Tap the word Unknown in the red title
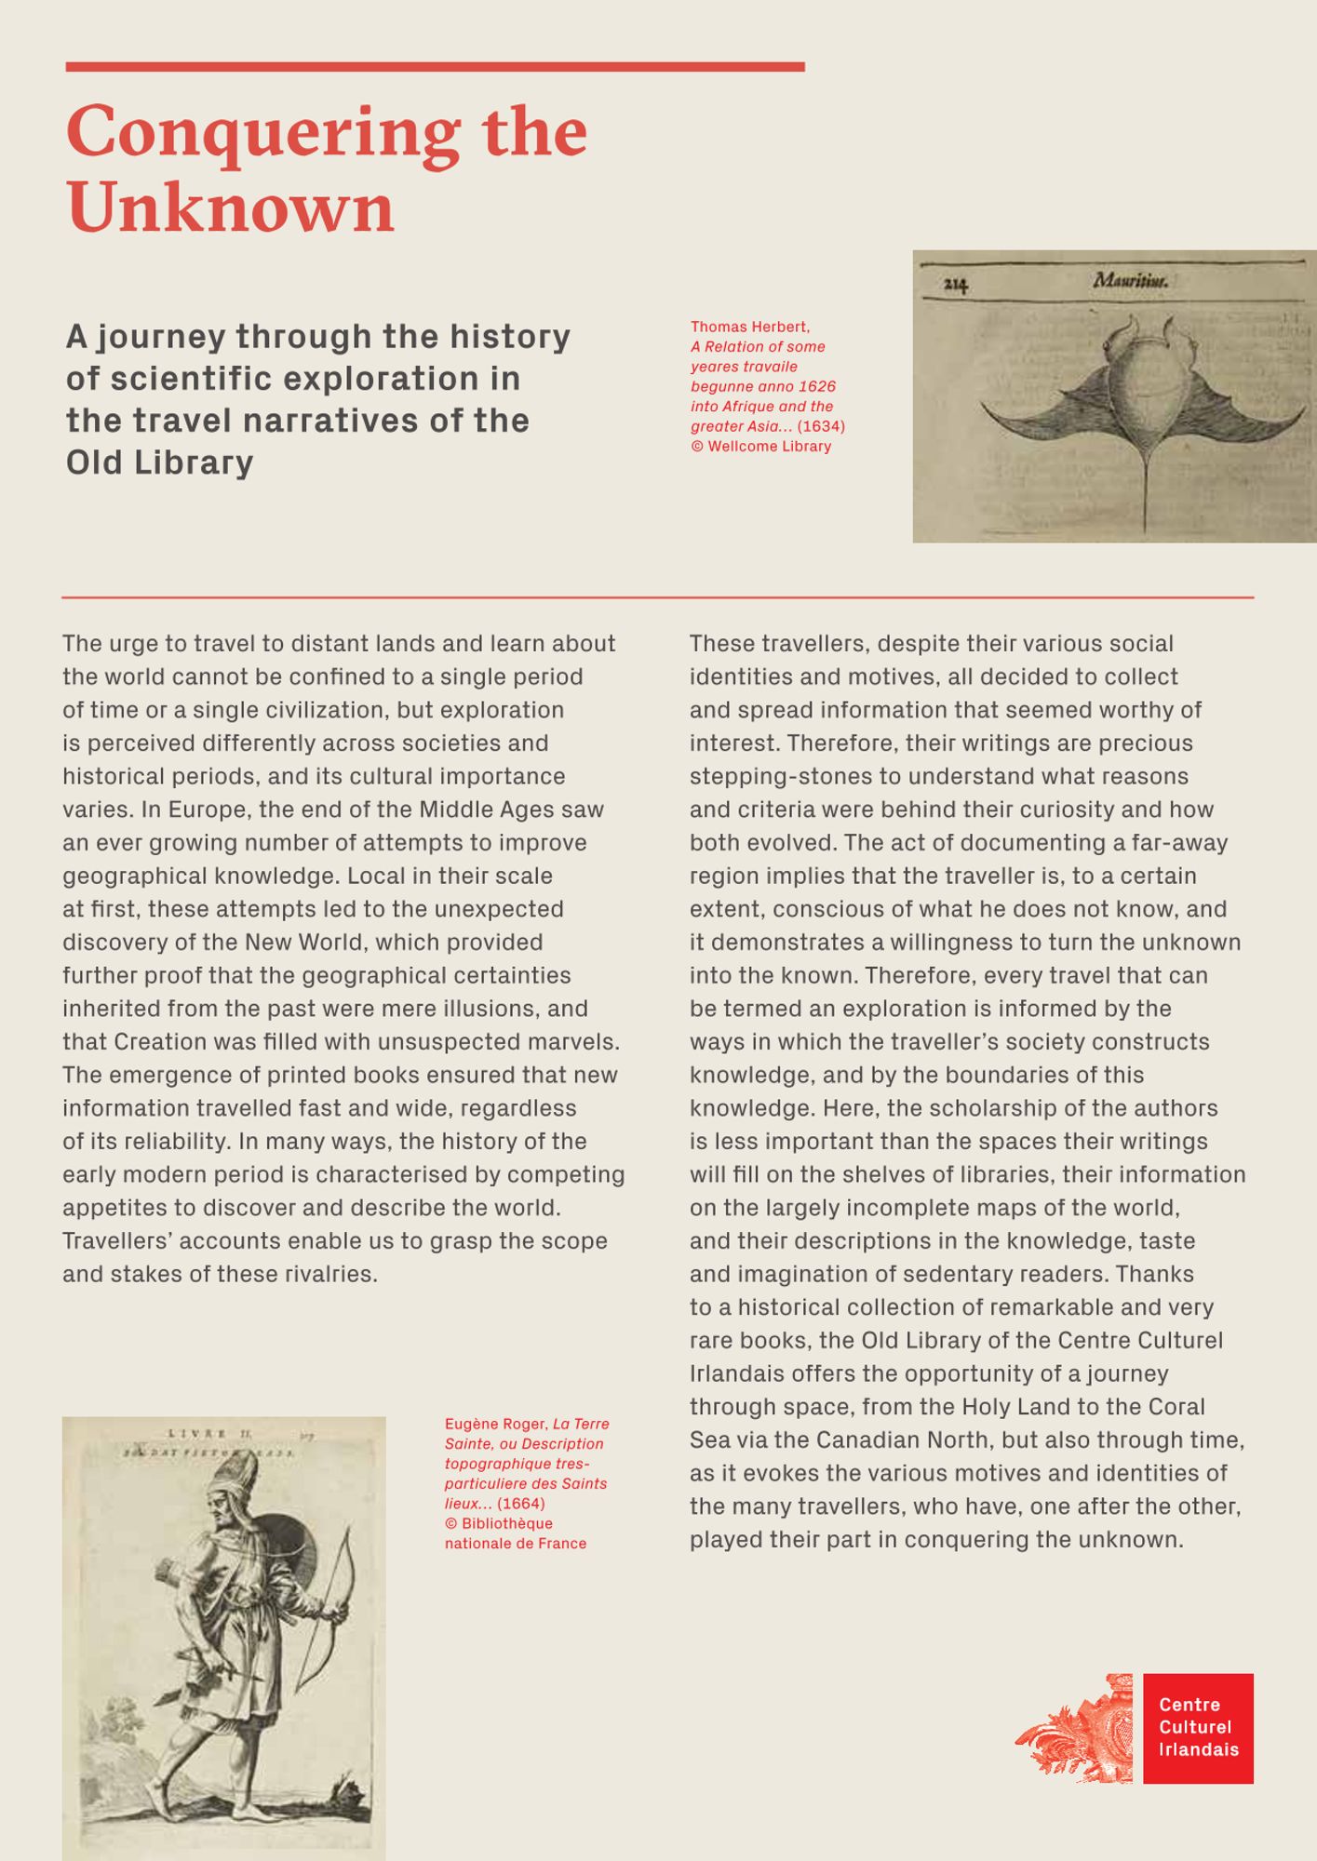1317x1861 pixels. pos(231,208)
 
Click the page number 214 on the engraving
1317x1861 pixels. pos(956,285)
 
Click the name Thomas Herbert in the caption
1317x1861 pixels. pos(749,327)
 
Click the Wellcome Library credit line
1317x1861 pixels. pos(760,447)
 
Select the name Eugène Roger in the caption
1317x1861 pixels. pos(496,1424)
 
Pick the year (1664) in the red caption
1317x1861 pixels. pos(521,1504)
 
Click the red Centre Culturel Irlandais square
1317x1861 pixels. pos(1198,1728)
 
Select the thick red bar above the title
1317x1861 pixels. pos(435,67)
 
